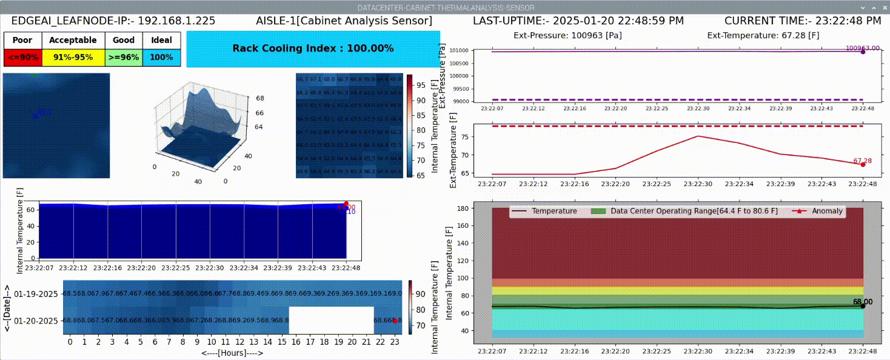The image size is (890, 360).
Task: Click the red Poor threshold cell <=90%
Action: [22, 58]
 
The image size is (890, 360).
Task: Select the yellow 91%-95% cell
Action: [73, 58]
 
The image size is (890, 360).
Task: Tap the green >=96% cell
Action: [124, 58]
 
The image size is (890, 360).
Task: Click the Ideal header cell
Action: [161, 40]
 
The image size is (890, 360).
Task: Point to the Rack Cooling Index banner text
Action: [313, 48]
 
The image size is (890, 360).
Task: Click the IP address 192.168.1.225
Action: [176, 20]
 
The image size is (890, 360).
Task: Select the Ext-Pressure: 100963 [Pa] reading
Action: [567, 35]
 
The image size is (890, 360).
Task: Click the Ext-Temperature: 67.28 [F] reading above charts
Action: [763, 35]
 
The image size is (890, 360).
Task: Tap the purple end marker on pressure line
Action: [863, 52]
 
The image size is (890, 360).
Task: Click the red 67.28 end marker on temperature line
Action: [863, 164]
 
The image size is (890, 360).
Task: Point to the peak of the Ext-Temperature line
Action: [698, 136]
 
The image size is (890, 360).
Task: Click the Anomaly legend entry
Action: [818, 211]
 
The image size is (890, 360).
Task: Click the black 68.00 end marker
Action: [863, 305]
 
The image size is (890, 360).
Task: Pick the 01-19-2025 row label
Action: [35, 294]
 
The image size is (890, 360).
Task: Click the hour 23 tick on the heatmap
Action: [395, 342]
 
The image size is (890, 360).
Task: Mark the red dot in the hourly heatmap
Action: [395, 320]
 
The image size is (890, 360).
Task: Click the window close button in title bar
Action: [883, 7]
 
